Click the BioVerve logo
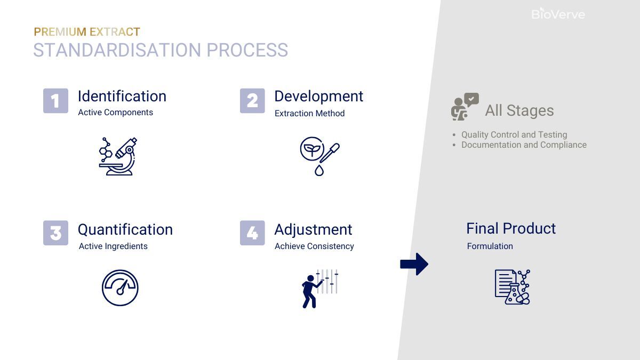tap(558, 14)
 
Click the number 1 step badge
tap(55, 101)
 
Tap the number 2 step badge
tap(252, 101)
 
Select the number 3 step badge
tap(55, 233)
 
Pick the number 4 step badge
tap(252, 233)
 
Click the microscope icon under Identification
tap(118, 156)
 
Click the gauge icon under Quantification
tap(120, 288)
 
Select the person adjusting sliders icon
tap(319, 289)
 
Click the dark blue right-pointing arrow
tap(414, 264)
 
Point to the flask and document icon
tap(512, 287)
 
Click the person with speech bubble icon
tap(465, 107)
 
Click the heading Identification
tap(122, 96)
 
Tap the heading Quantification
tap(125, 229)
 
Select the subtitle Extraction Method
tap(309, 113)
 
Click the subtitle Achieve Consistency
tap(314, 246)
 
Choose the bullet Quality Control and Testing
tap(514, 134)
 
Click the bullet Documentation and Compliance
tap(523, 145)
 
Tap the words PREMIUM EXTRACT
tap(87, 32)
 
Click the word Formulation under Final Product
tap(490, 246)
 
